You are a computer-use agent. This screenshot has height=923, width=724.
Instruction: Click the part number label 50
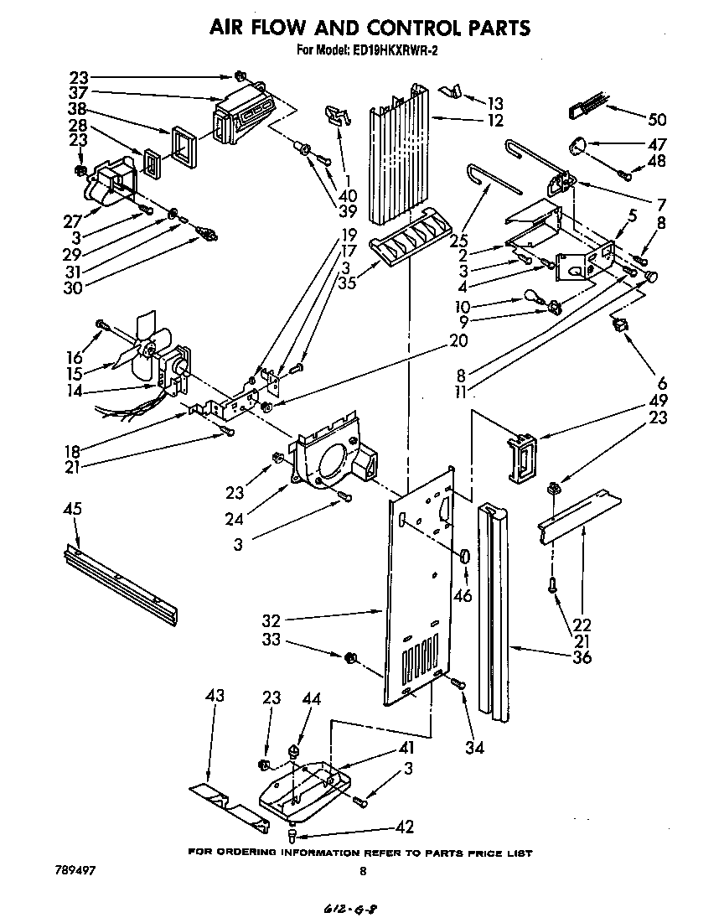pyautogui.click(x=657, y=118)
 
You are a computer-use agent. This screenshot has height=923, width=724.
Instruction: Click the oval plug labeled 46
pyautogui.click(x=464, y=557)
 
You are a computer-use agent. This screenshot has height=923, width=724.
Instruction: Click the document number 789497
pyautogui.click(x=74, y=871)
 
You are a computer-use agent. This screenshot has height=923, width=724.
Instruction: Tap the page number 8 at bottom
pyautogui.click(x=362, y=871)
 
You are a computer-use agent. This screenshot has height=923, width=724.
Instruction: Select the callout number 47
pyautogui.click(x=657, y=143)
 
